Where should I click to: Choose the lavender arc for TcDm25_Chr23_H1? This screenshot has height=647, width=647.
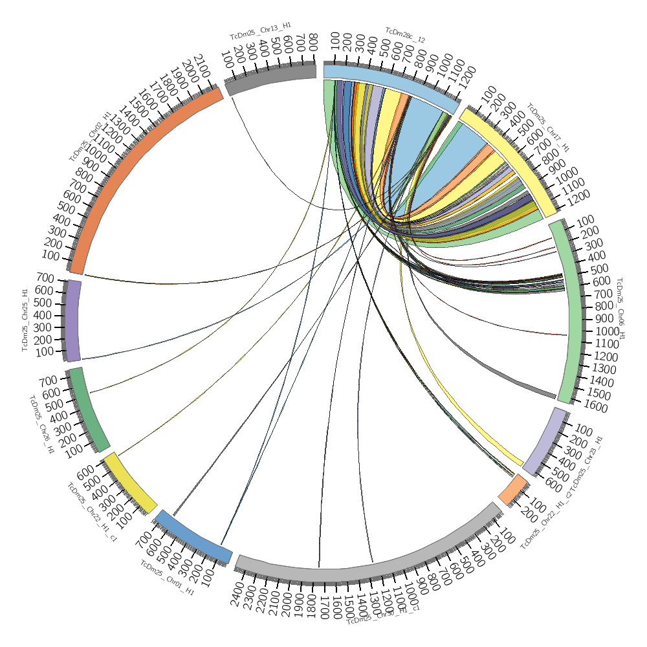pyautogui.click(x=545, y=440)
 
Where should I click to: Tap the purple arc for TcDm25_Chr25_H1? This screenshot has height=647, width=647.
pyautogui.click(x=73, y=320)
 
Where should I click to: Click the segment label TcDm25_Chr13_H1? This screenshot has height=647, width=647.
pyautogui.click(x=260, y=30)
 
